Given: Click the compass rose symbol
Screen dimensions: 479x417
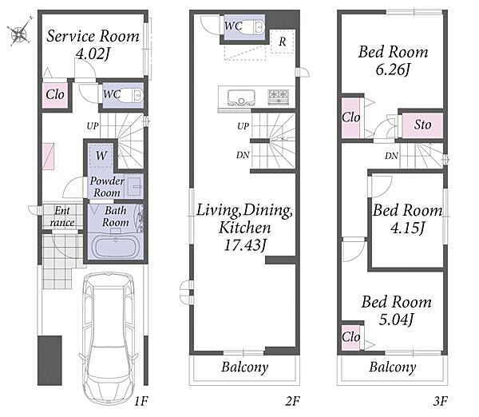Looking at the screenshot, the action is (19, 32).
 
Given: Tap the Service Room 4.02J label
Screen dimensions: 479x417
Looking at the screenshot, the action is (93, 45).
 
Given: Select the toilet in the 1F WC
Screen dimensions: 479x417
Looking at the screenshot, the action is (132, 95).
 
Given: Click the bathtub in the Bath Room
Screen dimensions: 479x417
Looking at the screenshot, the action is (116, 247).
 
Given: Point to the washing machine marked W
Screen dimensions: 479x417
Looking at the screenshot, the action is (101, 155).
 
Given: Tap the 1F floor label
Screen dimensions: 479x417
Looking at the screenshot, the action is (141, 401).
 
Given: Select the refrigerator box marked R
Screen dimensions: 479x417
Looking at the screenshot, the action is (283, 42).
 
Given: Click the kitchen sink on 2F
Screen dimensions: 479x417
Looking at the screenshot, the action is (241, 97).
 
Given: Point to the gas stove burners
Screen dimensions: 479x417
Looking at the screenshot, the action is (279, 97).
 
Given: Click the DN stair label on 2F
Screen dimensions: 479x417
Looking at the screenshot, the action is (243, 155).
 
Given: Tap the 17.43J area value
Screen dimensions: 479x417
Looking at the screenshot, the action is (245, 245).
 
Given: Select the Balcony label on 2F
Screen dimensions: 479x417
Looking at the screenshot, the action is (245, 367).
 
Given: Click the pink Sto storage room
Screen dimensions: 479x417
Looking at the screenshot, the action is (422, 125).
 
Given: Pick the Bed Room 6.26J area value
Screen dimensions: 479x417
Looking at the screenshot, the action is (393, 69).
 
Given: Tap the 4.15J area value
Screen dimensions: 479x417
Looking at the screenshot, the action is (407, 228).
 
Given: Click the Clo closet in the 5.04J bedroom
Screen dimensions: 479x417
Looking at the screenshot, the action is (350, 337).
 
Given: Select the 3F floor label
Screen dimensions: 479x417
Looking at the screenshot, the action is (440, 401).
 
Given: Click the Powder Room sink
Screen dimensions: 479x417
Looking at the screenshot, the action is (134, 186).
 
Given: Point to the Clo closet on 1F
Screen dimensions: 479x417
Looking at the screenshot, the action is (55, 95).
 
